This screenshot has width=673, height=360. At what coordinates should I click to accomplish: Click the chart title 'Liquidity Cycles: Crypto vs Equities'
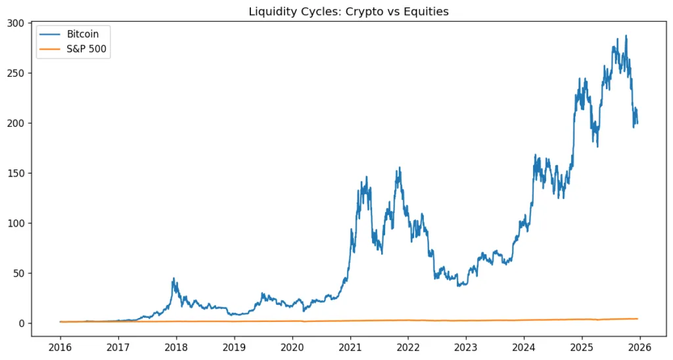pyautogui.click(x=348, y=11)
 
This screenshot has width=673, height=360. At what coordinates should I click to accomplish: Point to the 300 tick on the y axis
pyautogui.click(x=16, y=23)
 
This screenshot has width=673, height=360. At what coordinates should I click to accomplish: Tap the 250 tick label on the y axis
pyautogui.click(x=16, y=73)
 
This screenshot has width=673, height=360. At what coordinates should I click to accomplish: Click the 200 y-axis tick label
pyautogui.click(x=16, y=123)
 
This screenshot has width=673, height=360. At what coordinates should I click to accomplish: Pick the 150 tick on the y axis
pyautogui.click(x=16, y=173)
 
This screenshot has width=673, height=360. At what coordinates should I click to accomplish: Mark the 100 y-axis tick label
pyautogui.click(x=16, y=223)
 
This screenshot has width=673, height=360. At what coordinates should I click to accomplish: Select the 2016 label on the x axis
pyautogui.click(x=60, y=346)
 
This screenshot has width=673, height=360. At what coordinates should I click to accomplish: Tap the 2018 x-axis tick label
pyautogui.click(x=176, y=346)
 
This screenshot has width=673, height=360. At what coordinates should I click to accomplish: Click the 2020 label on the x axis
pyautogui.click(x=292, y=346)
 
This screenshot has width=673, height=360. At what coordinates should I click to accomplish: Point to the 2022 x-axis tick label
pyautogui.click(x=408, y=346)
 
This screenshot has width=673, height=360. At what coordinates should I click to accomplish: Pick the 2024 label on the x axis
pyautogui.click(x=524, y=346)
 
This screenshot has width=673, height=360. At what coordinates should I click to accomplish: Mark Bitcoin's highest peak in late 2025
pyautogui.click(x=626, y=36)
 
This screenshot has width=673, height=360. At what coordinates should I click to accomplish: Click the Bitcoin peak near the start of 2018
pyautogui.click(x=174, y=279)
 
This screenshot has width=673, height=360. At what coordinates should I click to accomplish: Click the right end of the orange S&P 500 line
pyautogui.click(x=637, y=319)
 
